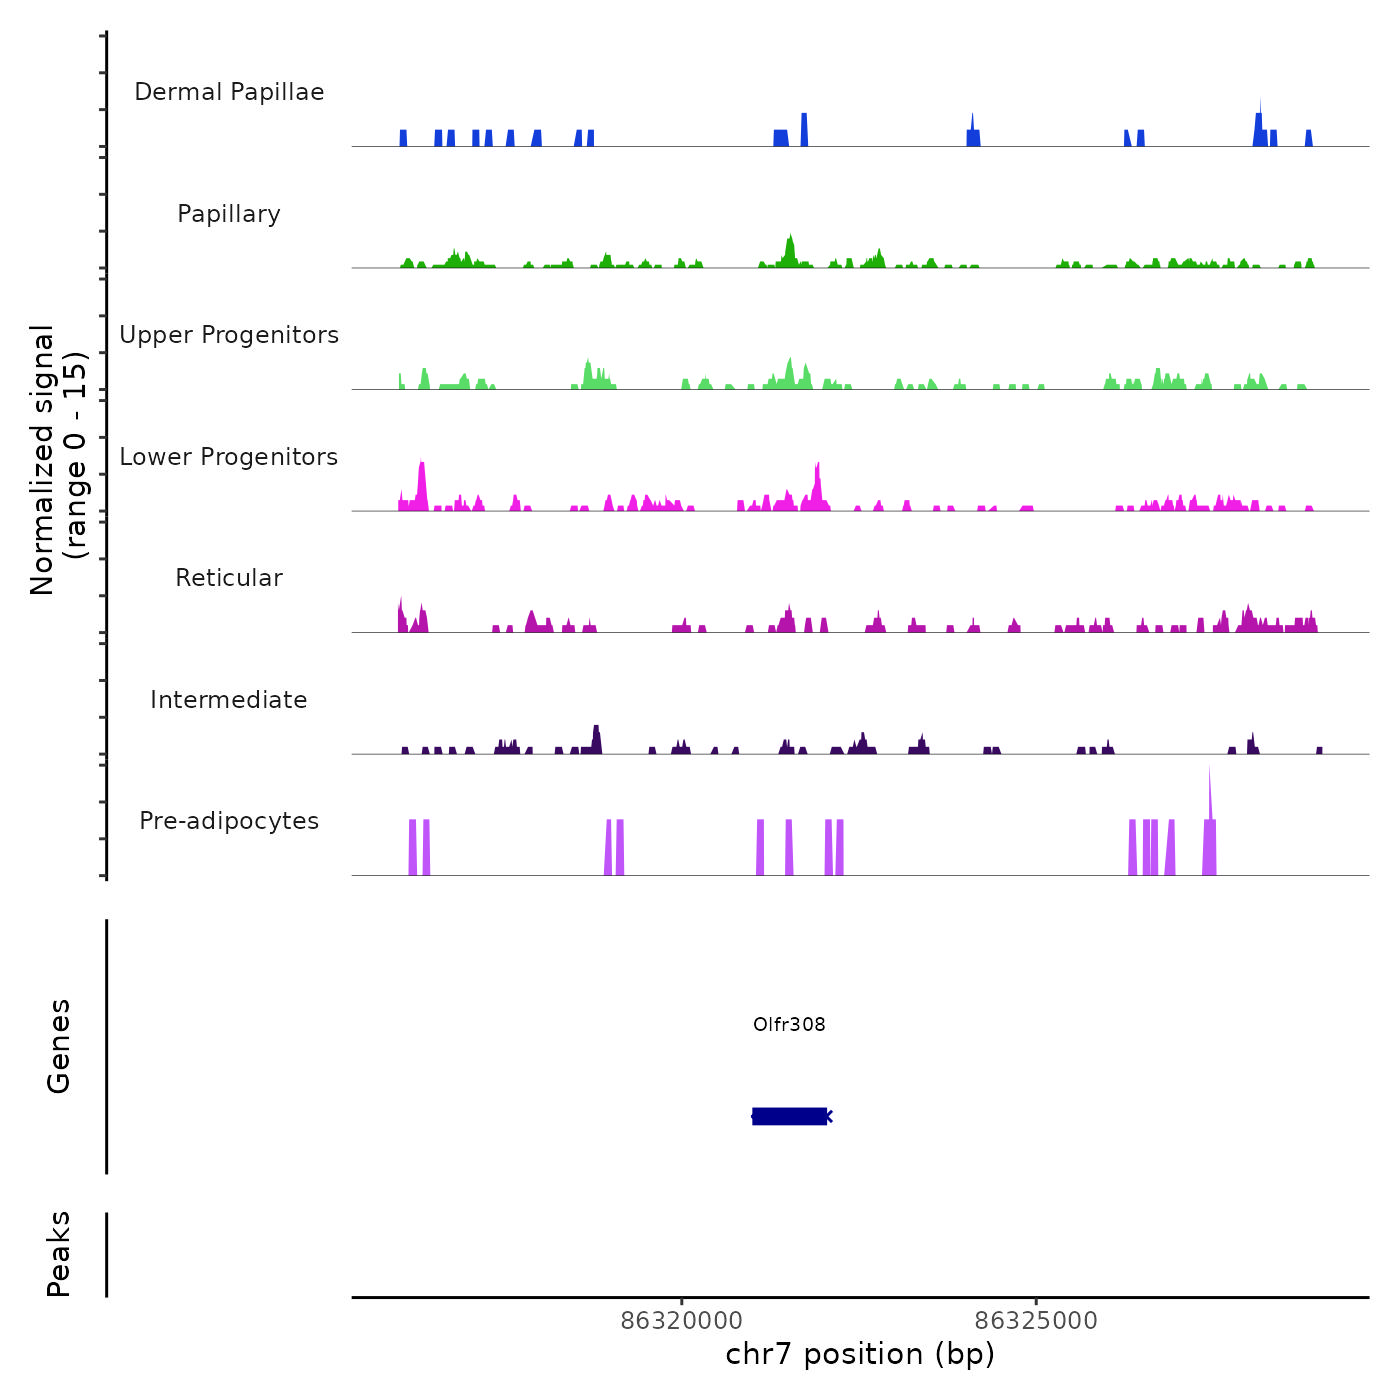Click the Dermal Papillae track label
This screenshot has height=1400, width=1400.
click(229, 92)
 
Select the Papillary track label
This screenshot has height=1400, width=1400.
click(229, 214)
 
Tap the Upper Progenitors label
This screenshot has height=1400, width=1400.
click(229, 335)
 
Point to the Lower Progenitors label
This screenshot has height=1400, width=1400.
click(229, 457)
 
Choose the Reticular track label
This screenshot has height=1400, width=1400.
click(229, 578)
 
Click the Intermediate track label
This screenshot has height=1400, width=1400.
click(229, 700)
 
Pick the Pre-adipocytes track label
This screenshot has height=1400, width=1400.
click(229, 821)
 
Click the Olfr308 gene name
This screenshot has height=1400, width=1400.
click(789, 1024)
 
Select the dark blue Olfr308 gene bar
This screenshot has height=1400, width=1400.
click(789, 1116)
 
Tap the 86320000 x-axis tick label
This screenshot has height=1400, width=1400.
click(682, 1321)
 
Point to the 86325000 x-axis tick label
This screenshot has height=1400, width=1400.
click(1036, 1321)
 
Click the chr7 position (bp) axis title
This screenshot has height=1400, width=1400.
click(860, 1355)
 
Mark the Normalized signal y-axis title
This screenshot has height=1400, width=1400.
click(58, 459)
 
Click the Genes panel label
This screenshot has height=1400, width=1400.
click(59, 1046)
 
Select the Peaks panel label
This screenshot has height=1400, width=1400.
click(59, 1254)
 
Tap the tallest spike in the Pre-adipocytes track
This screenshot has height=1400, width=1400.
click(1209, 800)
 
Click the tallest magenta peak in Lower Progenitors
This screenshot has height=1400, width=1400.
click(422, 480)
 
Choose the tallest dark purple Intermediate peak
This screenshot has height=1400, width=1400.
click(596, 736)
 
